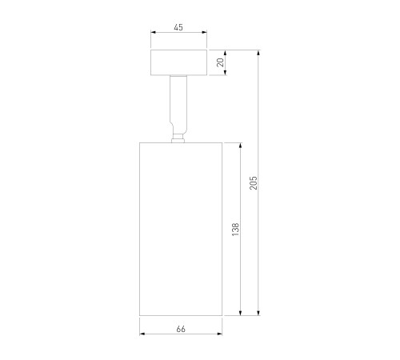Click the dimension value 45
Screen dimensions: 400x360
point(178,27)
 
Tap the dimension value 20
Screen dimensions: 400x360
point(221,62)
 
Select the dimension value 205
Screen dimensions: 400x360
point(254,182)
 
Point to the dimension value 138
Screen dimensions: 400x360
point(236,230)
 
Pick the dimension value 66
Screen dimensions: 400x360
point(181,329)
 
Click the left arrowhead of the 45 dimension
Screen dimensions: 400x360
point(153,32)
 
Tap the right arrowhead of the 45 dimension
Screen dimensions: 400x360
point(205,32)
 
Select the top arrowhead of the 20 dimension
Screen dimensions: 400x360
point(226,53)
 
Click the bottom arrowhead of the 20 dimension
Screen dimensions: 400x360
point(226,72)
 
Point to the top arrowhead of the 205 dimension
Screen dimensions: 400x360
point(258,53)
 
